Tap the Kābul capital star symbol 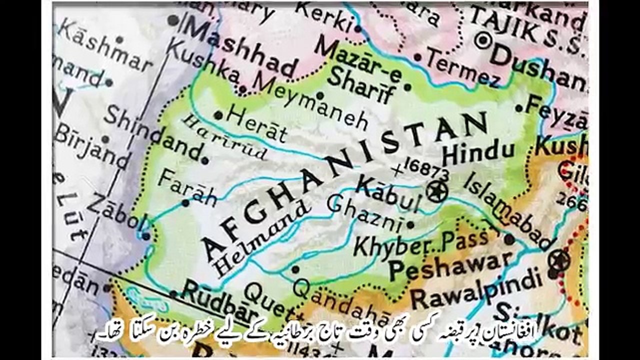[x=437, y=191]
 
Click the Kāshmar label [x=105, y=45]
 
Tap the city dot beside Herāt [x=218, y=115]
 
